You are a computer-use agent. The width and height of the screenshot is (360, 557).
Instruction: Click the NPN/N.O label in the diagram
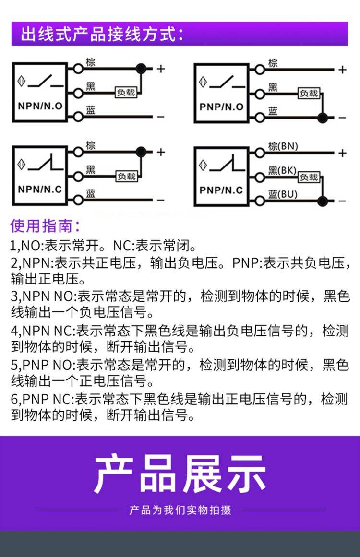click(40, 106)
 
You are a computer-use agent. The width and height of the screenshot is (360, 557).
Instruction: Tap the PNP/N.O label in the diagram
click(221, 107)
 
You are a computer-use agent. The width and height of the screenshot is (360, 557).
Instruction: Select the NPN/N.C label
click(40, 189)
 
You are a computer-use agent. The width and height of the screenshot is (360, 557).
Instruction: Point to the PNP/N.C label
click(221, 190)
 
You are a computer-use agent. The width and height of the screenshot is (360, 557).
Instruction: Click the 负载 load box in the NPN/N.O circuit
click(126, 93)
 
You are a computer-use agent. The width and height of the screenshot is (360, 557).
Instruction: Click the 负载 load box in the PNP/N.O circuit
click(309, 93)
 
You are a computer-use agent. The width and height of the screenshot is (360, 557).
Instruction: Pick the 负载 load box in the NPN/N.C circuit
click(127, 176)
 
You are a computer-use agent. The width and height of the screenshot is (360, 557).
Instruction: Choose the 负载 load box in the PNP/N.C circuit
click(309, 177)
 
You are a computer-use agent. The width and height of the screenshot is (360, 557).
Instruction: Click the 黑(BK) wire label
click(282, 170)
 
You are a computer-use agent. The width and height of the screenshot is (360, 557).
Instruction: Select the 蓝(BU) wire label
click(283, 194)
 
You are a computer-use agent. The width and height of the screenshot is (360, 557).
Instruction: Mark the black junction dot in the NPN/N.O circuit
click(141, 69)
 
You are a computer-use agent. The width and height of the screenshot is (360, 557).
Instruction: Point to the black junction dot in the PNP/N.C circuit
click(323, 201)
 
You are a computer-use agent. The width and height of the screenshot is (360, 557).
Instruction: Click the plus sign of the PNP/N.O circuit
click(342, 70)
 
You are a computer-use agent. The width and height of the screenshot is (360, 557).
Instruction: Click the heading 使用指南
click(45, 225)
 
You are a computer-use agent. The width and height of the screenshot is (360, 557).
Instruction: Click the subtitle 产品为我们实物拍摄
click(180, 510)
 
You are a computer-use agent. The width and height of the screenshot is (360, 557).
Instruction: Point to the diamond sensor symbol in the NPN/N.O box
click(21, 81)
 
